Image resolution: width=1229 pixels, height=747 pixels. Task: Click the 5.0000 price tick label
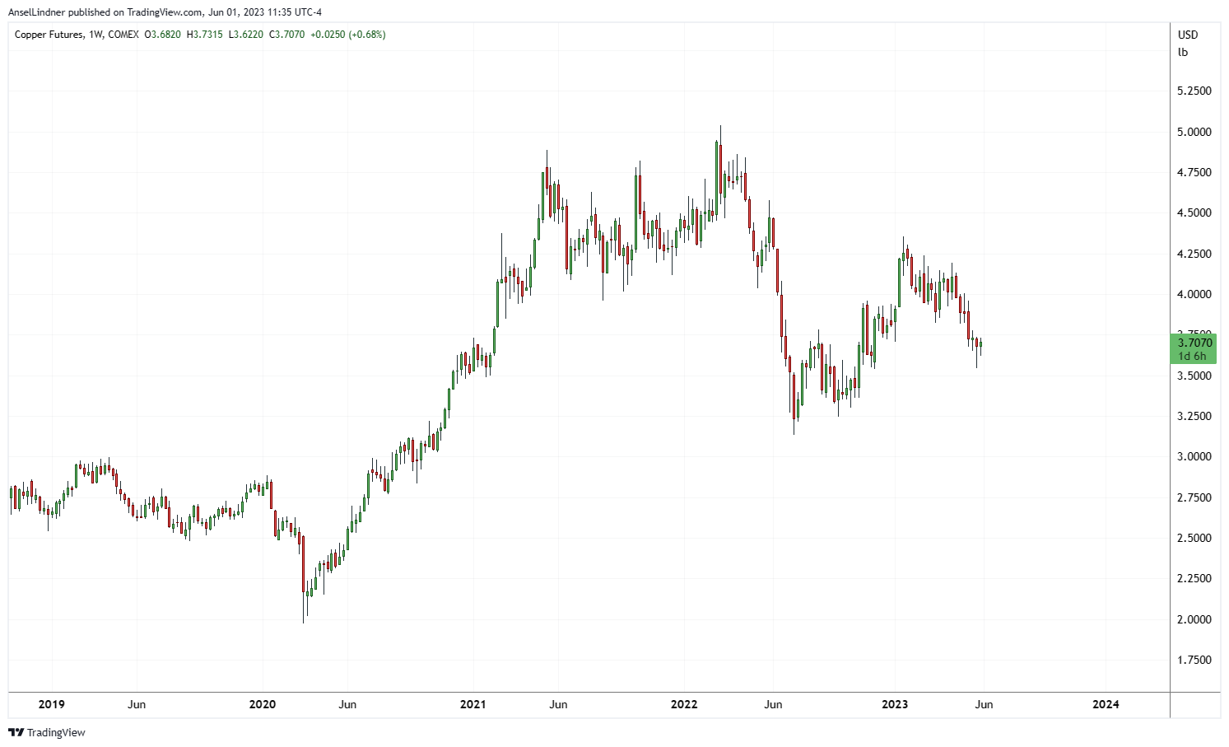click(x=1194, y=132)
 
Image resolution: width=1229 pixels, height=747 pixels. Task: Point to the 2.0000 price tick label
click(x=1194, y=619)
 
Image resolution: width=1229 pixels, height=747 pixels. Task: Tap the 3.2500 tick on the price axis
click(x=1194, y=416)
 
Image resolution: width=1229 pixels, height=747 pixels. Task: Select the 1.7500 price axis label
click(x=1194, y=660)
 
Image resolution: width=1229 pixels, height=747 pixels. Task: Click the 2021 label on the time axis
click(x=473, y=704)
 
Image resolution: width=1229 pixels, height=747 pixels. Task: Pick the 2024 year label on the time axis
click(x=1106, y=704)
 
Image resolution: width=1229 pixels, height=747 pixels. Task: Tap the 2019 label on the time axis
click(x=51, y=704)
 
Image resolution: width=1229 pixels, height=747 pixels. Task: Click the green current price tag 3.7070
click(x=1194, y=343)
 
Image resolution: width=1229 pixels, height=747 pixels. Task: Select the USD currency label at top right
click(x=1188, y=35)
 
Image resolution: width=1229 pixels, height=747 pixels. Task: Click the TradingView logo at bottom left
click(x=47, y=732)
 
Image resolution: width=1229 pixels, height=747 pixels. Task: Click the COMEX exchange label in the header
click(x=123, y=35)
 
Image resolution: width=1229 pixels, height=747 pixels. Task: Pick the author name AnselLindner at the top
click(x=36, y=12)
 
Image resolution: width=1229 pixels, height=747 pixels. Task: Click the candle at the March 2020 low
click(x=304, y=593)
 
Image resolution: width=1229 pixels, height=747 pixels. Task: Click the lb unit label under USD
click(x=1183, y=52)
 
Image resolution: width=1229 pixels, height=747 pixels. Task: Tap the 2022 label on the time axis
click(x=684, y=704)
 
